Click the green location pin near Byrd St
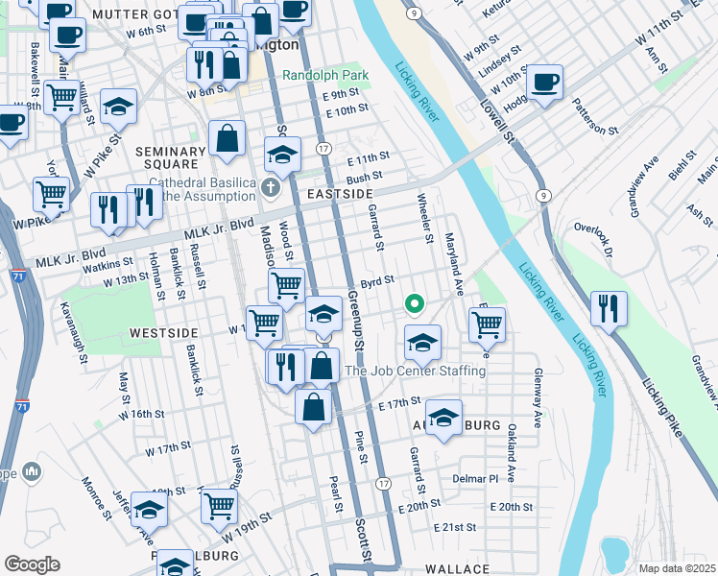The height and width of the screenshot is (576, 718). [415, 304]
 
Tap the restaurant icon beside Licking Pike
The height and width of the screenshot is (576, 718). [609, 308]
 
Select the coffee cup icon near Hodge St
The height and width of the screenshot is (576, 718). [544, 82]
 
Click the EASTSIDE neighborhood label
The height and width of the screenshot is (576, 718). [339, 194]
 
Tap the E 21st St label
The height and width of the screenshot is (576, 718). [455, 528]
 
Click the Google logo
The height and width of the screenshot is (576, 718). [32, 564]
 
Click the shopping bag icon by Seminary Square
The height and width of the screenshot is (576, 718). [227, 138]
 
